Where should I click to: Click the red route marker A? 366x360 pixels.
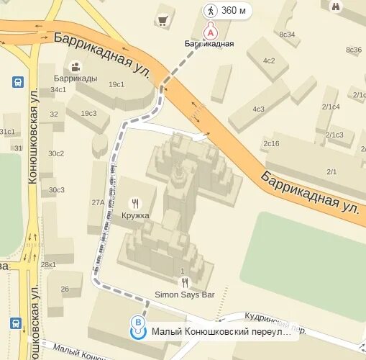pyautogui.click(x=211, y=32)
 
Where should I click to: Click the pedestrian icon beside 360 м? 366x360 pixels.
pyautogui.click(x=211, y=10)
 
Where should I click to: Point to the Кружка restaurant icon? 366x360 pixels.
pyautogui.click(x=134, y=203)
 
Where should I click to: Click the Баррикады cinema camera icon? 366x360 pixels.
pyautogui.click(x=75, y=67)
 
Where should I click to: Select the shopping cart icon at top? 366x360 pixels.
pyautogui.click(x=163, y=20)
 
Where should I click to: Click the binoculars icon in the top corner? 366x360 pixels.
pyautogui.click(x=336, y=6)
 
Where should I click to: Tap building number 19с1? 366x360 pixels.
pyautogui.click(x=116, y=84)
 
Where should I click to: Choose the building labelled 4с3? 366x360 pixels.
pyautogui.click(x=257, y=109)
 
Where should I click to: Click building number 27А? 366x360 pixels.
pyautogui.click(x=98, y=202)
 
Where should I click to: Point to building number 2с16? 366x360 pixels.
pyautogui.click(x=271, y=143)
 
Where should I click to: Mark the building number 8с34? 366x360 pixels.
pyautogui.click(x=287, y=34)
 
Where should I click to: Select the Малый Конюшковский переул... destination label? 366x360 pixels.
pyautogui.click(x=222, y=333)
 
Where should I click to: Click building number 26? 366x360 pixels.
pyautogui.click(x=65, y=289)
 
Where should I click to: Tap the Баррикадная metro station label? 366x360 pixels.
pyautogui.click(x=211, y=44)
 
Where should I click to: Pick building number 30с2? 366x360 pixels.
pyautogui.click(x=56, y=153)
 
